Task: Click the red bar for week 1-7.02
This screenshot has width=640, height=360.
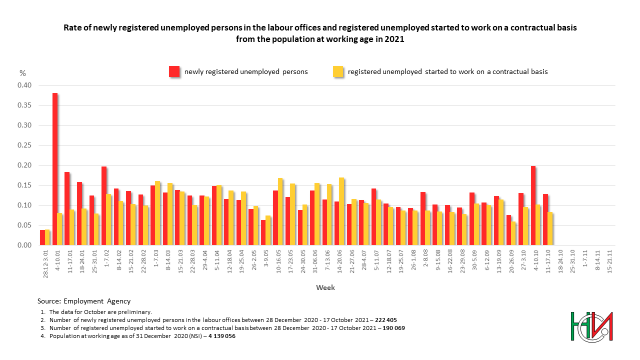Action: pos(104,205)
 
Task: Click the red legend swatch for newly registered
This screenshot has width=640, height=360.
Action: pos(174,71)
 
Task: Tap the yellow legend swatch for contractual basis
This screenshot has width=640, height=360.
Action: pos(338,71)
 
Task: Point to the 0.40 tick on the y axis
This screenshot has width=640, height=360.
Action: pos(24,85)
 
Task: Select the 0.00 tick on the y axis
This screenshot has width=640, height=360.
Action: pos(24,245)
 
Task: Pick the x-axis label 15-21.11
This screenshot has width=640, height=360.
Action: pos(609,261)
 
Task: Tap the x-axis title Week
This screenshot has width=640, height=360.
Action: pos(325,287)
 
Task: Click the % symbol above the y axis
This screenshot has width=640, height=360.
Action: pos(22,73)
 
